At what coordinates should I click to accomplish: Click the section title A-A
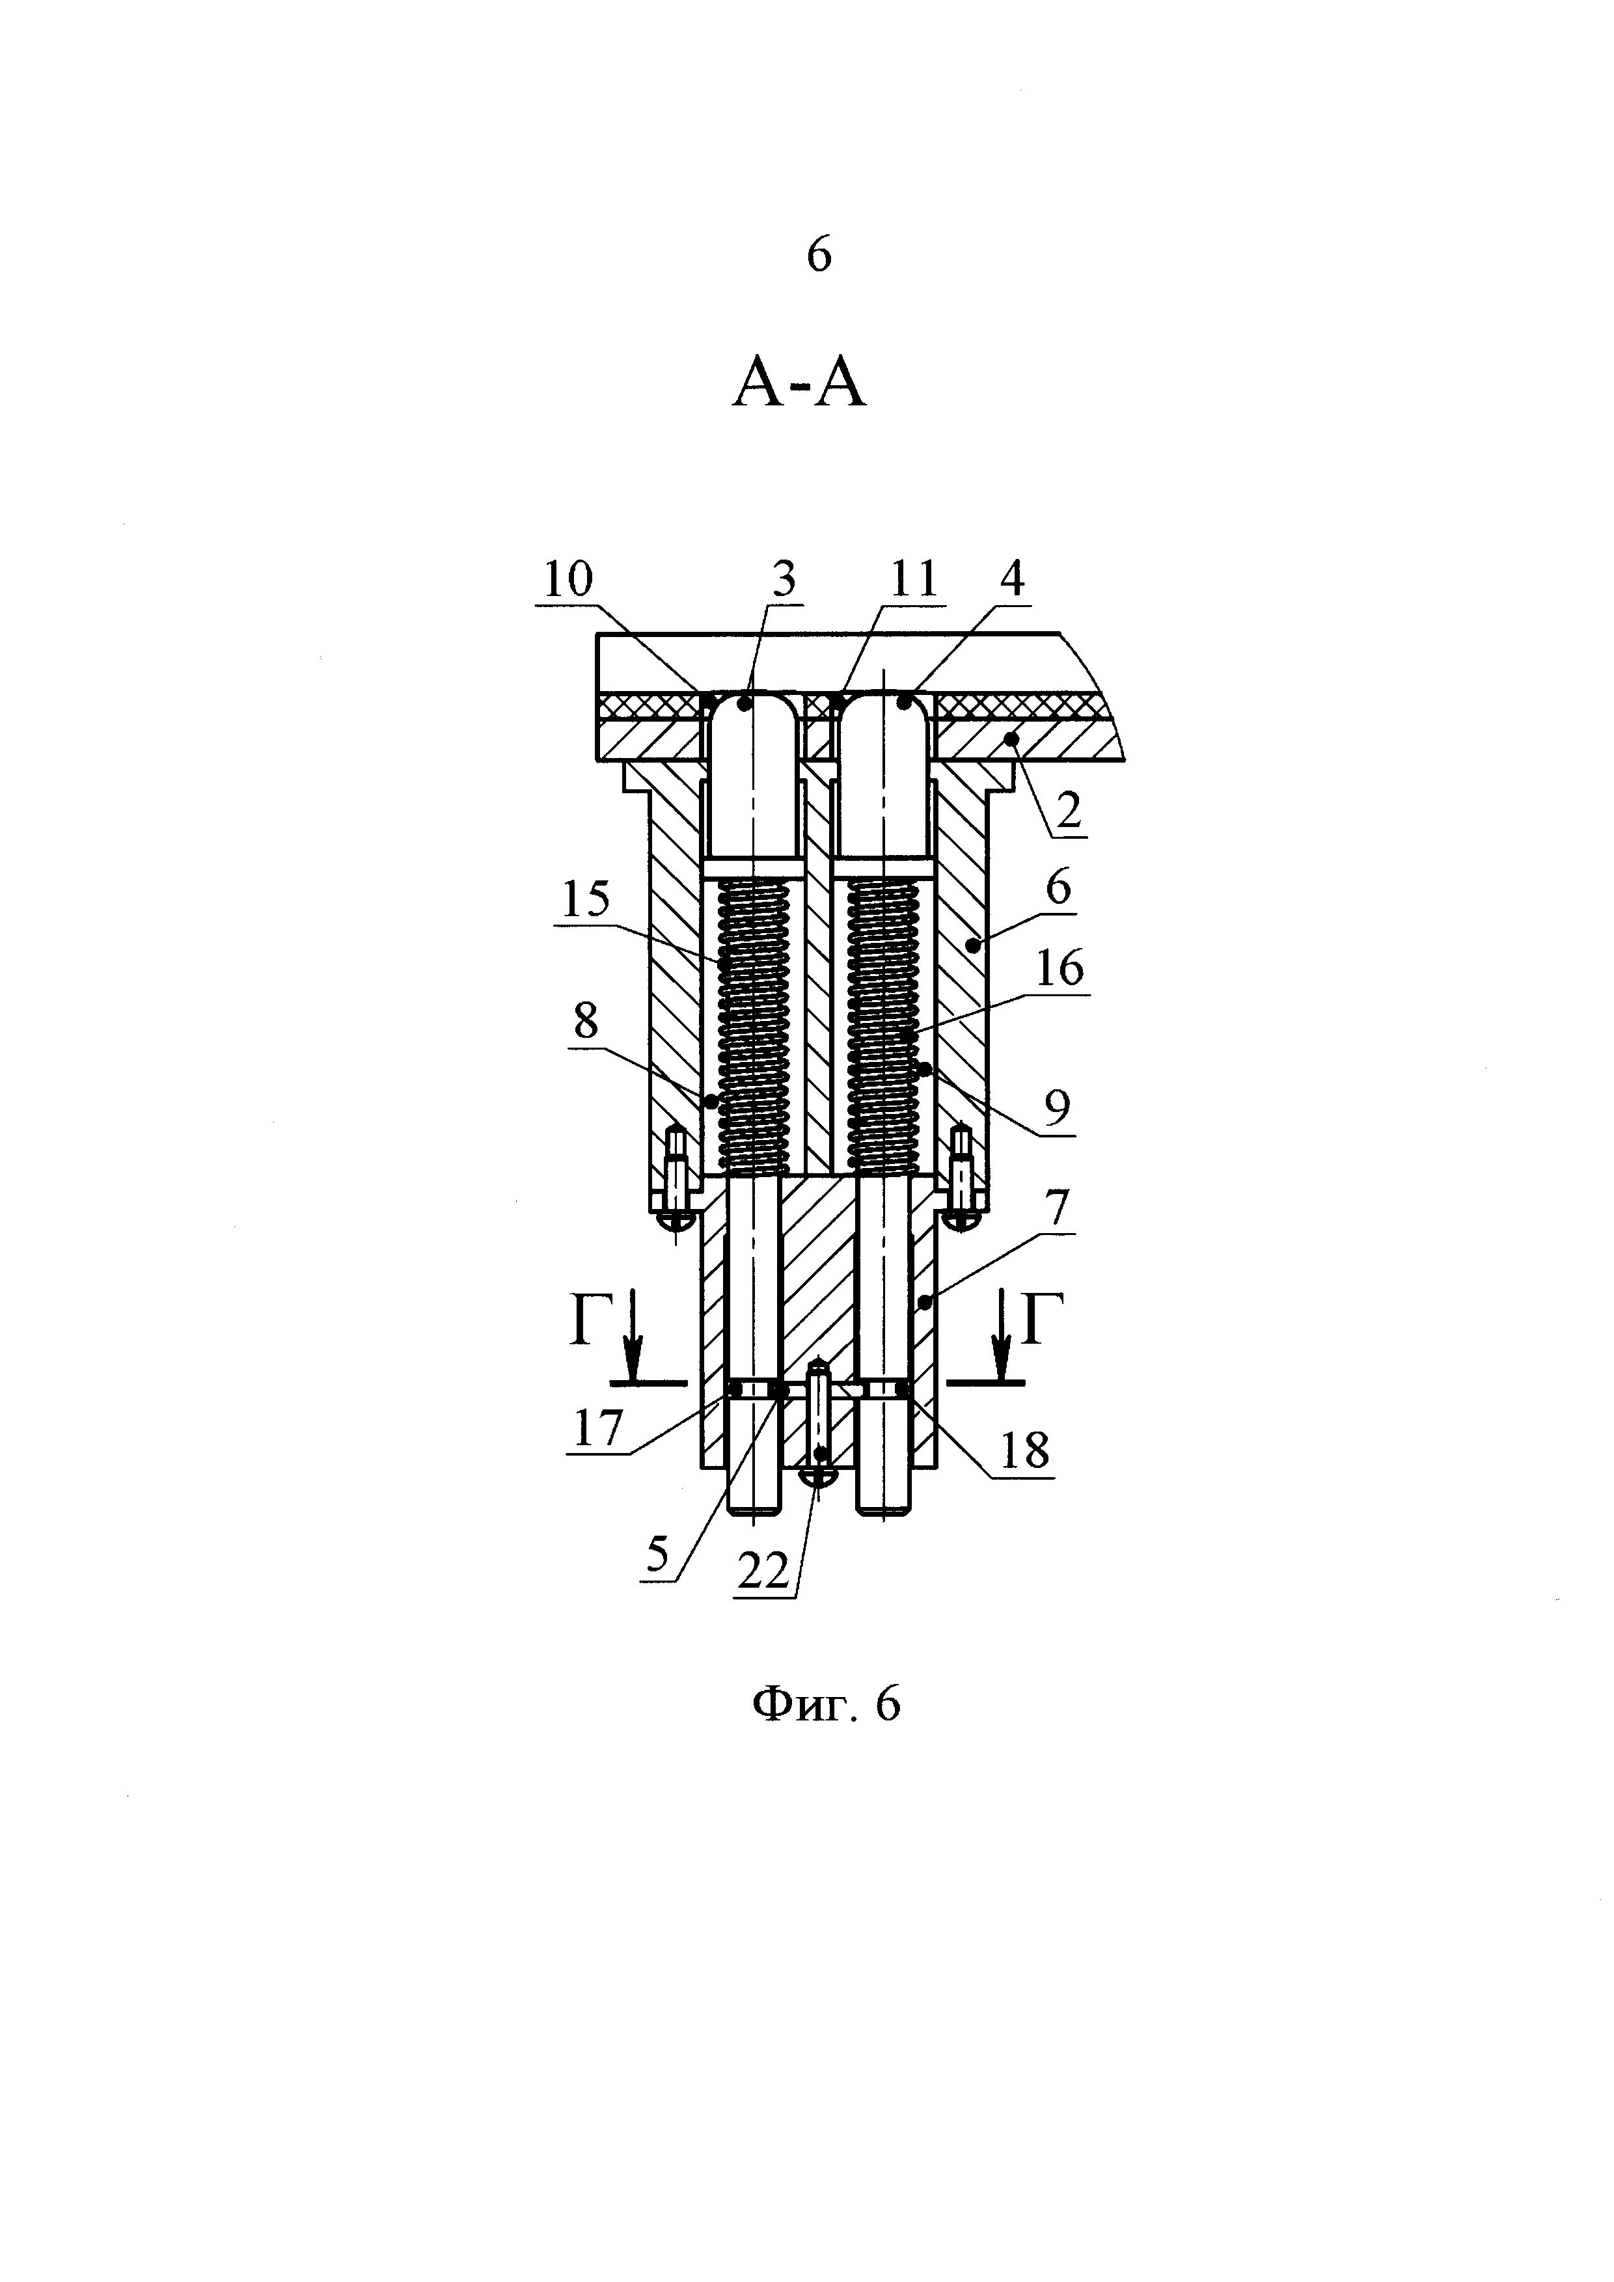[x=799, y=386]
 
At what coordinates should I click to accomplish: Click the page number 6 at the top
[x=818, y=256]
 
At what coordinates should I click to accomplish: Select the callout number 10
[x=568, y=579]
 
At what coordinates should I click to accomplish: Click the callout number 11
[x=913, y=579]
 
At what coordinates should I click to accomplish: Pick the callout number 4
[x=1013, y=579]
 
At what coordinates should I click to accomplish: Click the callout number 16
[x=1060, y=968]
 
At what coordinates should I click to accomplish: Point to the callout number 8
[x=585, y=1021]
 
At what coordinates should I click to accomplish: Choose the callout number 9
[x=1058, y=1106]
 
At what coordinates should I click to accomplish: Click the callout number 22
[x=763, y=1571]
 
